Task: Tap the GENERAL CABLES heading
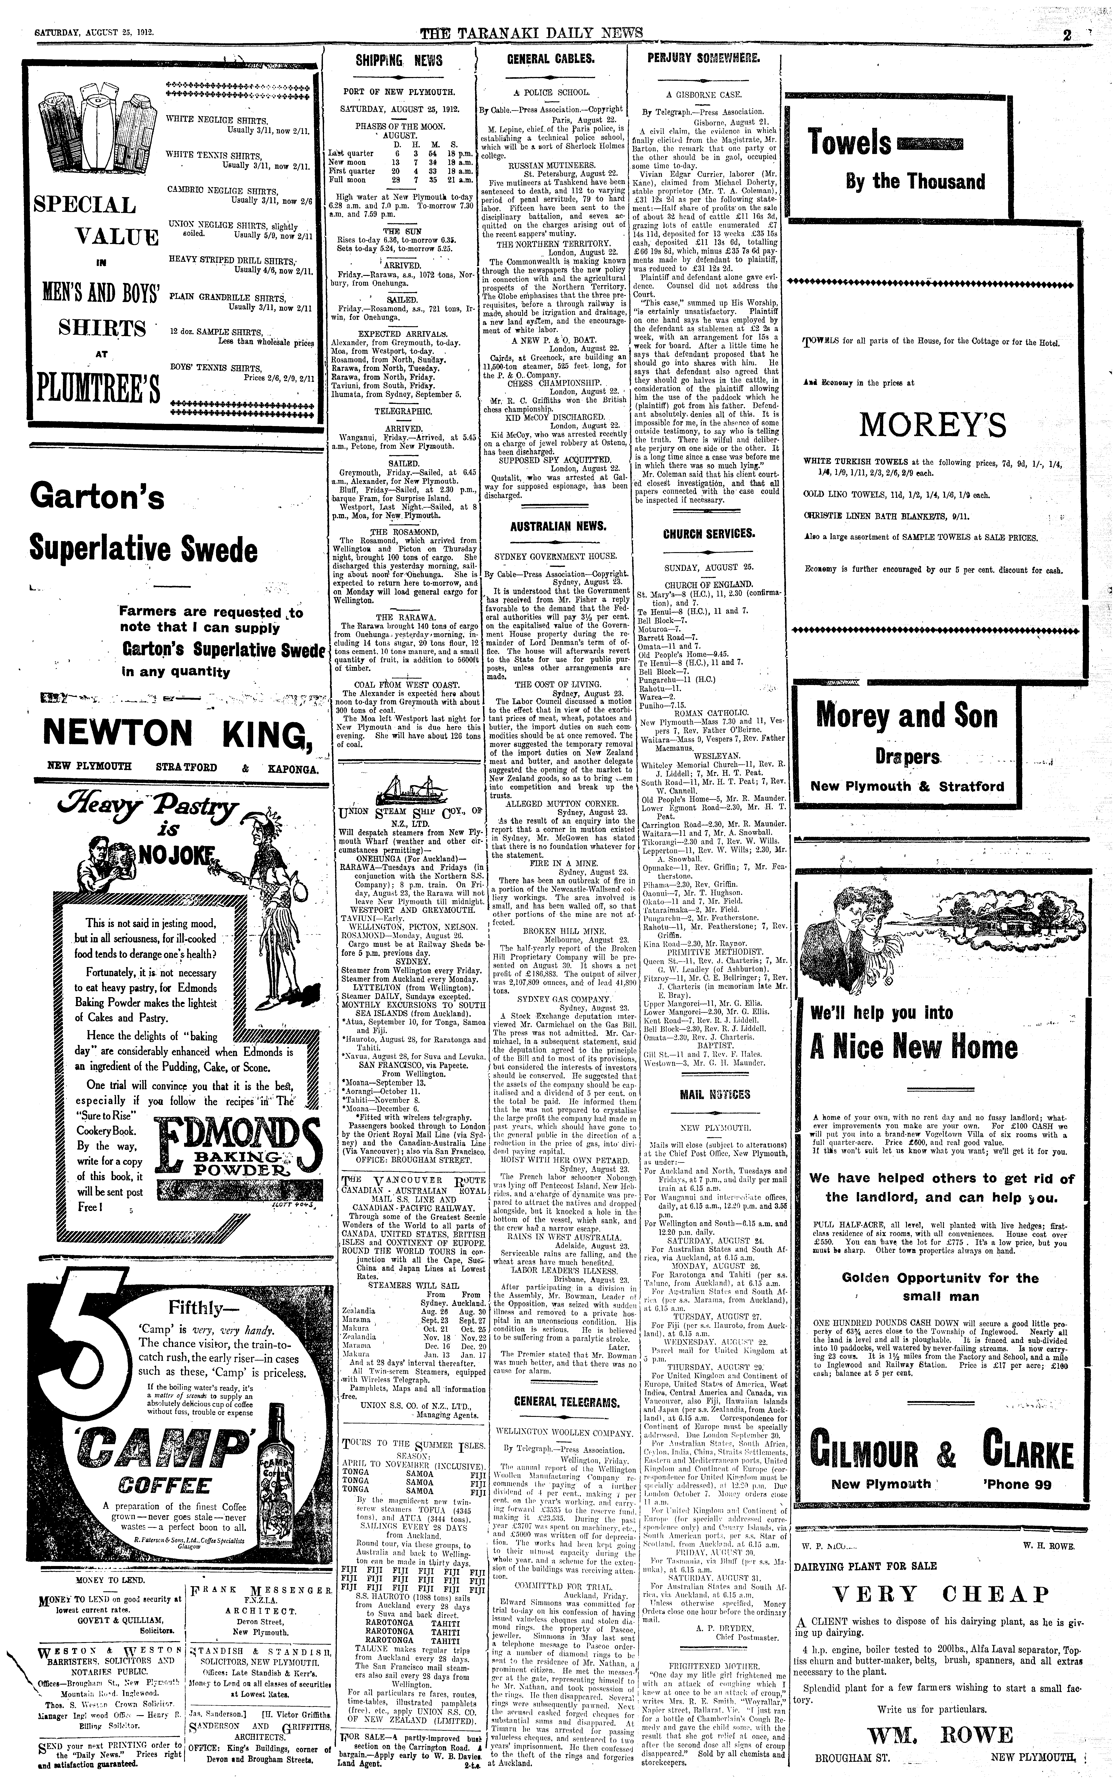pos(550,59)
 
